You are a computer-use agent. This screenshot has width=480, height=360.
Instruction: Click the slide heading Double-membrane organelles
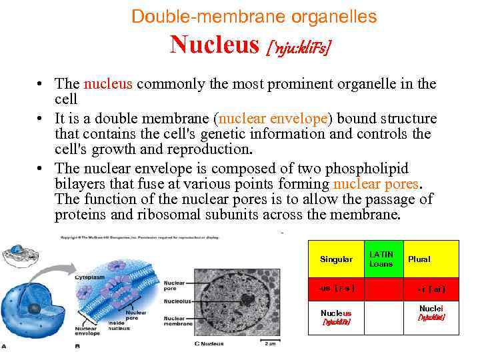click(x=254, y=16)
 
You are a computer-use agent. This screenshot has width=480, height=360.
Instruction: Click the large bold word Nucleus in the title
click(x=214, y=45)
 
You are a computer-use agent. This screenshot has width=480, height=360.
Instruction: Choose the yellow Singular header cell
click(x=336, y=259)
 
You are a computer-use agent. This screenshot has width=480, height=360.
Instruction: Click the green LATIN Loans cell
click(x=381, y=259)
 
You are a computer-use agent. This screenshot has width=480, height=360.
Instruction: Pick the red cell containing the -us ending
click(x=336, y=289)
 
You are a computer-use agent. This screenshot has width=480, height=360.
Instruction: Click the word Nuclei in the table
click(x=431, y=309)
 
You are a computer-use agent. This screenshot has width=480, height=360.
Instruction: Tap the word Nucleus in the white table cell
click(x=336, y=313)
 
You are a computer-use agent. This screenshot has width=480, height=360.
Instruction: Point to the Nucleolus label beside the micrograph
click(x=177, y=301)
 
